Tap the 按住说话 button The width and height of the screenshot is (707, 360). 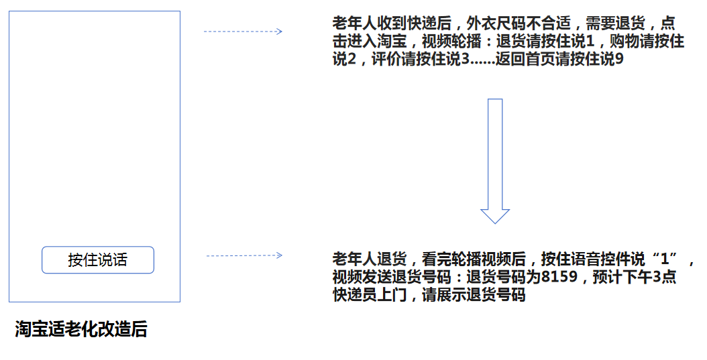click(x=98, y=260)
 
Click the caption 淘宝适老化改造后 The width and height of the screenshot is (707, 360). click(x=81, y=329)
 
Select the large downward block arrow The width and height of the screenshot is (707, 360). click(x=495, y=161)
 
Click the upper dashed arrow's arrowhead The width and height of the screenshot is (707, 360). click(x=279, y=31)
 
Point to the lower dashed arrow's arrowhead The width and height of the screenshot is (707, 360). click(x=279, y=255)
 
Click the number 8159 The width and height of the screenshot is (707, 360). click(x=559, y=277)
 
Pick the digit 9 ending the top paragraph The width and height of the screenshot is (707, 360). click(x=619, y=59)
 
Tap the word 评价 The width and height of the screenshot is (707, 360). click(x=386, y=59)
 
